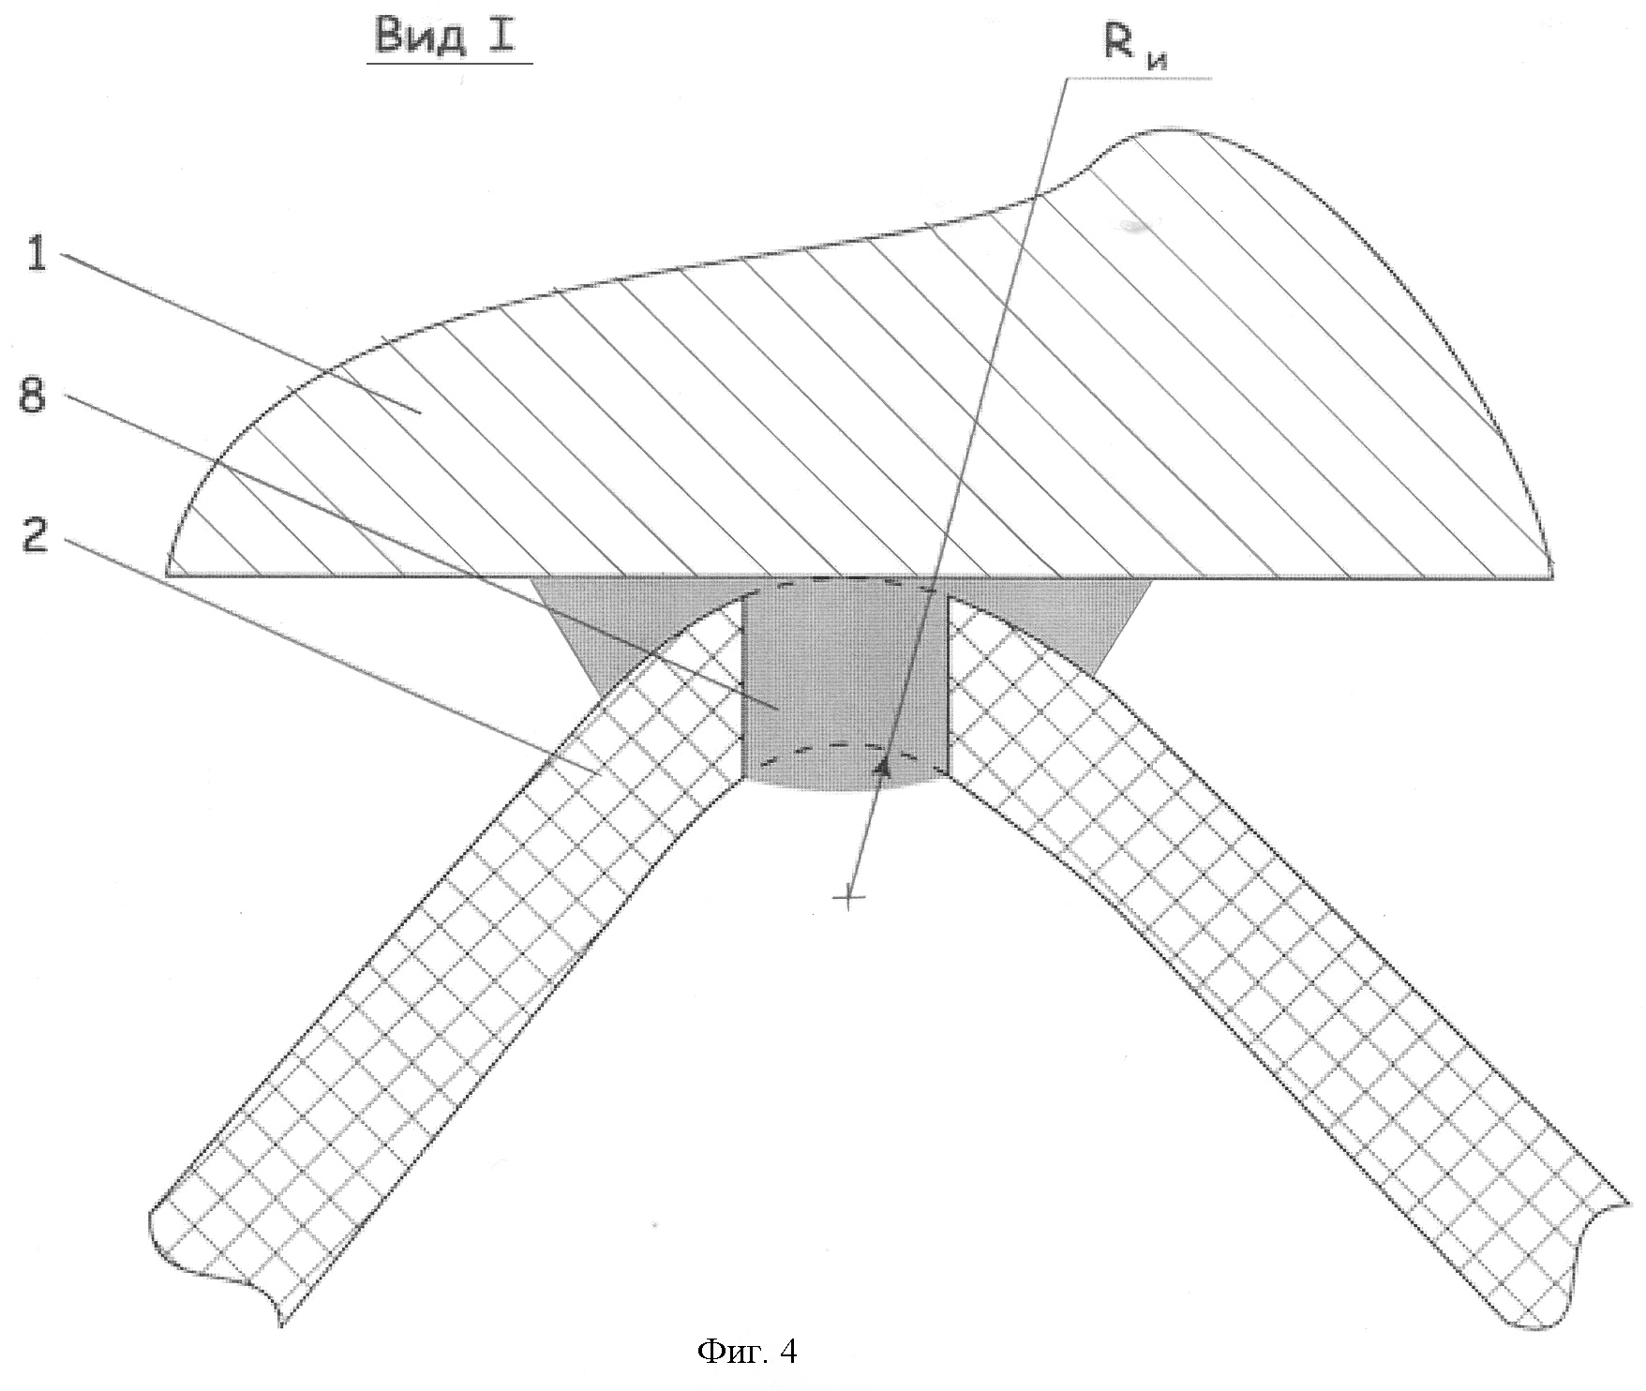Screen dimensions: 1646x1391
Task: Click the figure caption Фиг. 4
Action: (747, 1351)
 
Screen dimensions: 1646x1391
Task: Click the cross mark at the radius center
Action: (847, 899)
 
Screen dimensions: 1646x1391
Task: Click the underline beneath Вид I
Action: (449, 63)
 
